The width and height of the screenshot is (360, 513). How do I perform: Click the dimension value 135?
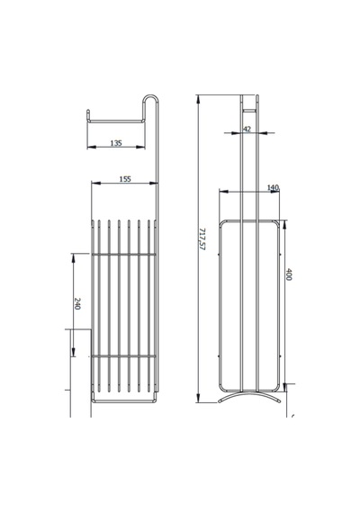tap(116, 143)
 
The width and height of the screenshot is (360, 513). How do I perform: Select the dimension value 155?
tap(125, 179)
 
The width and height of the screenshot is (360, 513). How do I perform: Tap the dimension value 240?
tap(77, 304)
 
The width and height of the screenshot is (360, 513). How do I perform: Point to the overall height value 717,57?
tap(202, 239)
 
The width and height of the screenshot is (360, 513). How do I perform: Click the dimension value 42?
tap(247, 130)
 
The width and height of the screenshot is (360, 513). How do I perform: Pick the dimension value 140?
tap(273, 187)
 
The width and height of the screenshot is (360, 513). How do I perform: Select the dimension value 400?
tap(289, 274)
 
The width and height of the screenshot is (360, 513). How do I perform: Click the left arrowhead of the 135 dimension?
tap(91, 147)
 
